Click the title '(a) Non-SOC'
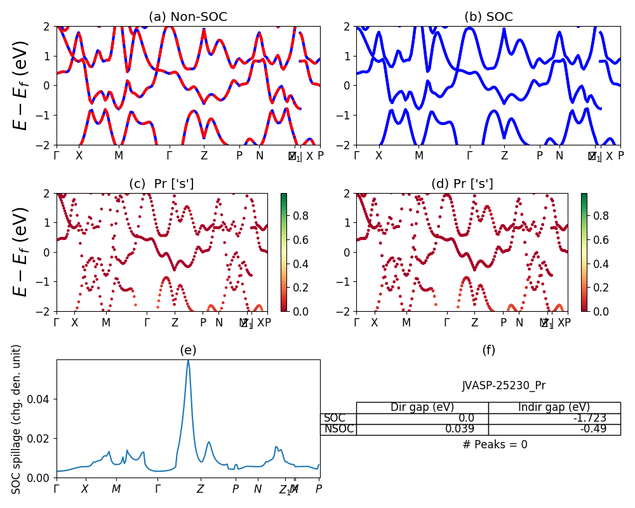[188, 17]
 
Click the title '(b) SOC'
[488, 17]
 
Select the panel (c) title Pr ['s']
[161, 184]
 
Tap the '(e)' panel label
[188, 350]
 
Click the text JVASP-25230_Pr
[504, 385]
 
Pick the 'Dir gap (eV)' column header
[422, 408]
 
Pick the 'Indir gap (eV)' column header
[554, 408]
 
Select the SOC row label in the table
[335, 418]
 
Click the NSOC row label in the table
[338, 429]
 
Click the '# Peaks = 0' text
[495, 444]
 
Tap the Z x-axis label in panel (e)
[201, 489]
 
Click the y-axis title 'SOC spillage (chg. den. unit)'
[17, 419]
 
